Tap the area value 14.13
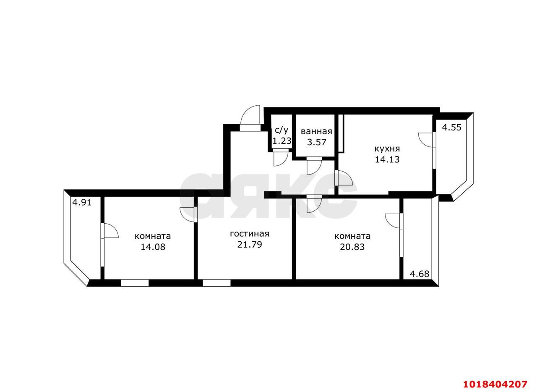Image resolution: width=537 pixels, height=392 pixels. tap(387, 159)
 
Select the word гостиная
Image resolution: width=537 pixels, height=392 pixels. tap(249, 234)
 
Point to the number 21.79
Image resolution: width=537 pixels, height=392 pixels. tap(250, 244)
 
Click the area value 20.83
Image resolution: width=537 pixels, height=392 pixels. tap(352, 247)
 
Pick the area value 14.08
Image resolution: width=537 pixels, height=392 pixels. tap(153, 247)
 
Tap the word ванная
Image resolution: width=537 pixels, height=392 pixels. tap(316, 131)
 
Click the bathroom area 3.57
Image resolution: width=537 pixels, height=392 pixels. tap(317, 142)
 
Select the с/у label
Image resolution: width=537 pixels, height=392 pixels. tap(281, 131)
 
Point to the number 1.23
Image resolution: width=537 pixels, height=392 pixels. tap(282, 141)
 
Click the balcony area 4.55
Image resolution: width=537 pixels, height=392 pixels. tap(452, 128)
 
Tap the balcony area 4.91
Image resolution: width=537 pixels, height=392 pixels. tap(82, 203)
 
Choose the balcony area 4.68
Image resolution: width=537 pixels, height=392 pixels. tap(420, 274)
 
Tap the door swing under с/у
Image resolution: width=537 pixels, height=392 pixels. tap(281, 159)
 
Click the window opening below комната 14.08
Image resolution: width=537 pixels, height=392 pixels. tap(135, 283)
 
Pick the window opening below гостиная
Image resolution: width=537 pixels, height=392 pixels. tap(216, 283)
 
